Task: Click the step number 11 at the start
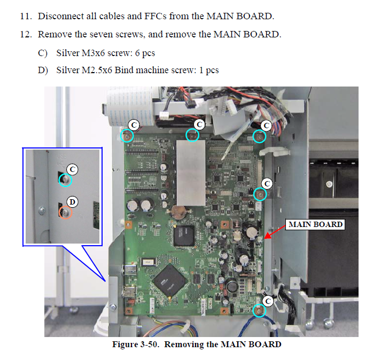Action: click(25, 16)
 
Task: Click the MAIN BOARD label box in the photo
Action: click(315, 224)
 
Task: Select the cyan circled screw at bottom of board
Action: click(259, 310)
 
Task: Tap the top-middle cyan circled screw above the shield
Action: click(192, 135)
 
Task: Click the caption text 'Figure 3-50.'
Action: click(136, 344)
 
